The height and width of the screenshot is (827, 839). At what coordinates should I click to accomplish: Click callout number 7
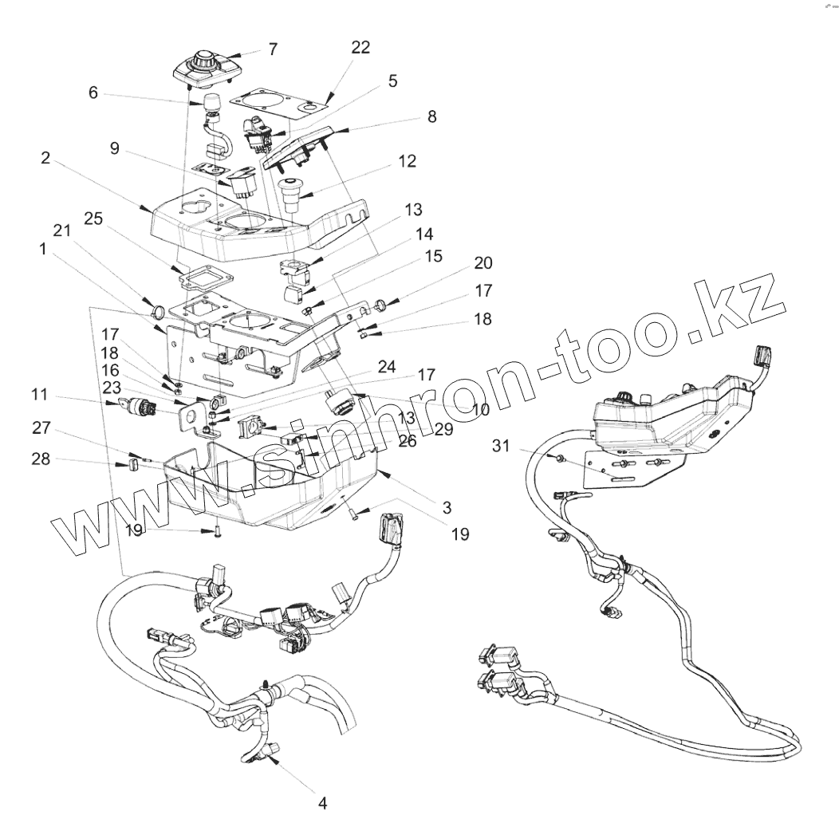tap(273, 49)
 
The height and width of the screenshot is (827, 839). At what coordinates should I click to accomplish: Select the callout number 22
tap(360, 48)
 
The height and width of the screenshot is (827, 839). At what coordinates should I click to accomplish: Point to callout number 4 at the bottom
tap(322, 803)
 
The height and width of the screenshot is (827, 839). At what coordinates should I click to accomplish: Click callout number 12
tap(408, 161)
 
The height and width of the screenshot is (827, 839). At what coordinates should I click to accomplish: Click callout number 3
tap(446, 507)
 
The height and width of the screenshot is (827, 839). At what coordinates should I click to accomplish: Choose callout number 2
tap(45, 158)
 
